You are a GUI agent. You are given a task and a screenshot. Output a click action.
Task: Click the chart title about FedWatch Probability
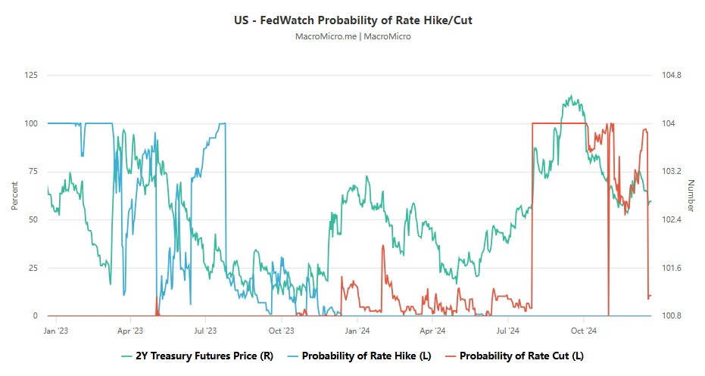tap(353, 20)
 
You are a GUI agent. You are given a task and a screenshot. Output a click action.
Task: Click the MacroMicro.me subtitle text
tap(353, 36)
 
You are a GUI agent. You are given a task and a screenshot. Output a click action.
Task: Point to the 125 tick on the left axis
tap(32, 75)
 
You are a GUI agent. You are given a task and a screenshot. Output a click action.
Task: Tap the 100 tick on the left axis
tap(32, 123)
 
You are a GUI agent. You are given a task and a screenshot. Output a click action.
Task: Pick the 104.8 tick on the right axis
tap(672, 75)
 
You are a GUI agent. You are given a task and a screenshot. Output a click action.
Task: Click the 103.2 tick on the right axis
tap(672, 172)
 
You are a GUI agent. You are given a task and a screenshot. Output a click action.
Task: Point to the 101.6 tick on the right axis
tap(672, 268)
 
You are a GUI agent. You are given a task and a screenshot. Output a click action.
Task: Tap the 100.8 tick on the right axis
tap(672, 316)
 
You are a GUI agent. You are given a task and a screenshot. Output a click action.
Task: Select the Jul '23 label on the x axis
tap(205, 331)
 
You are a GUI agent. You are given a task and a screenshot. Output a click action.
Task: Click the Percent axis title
tap(14, 195)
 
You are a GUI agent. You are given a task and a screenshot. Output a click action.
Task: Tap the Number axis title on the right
tap(691, 195)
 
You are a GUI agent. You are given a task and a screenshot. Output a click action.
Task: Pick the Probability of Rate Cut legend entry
tap(514, 356)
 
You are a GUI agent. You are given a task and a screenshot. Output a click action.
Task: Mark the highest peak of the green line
tap(569, 96)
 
